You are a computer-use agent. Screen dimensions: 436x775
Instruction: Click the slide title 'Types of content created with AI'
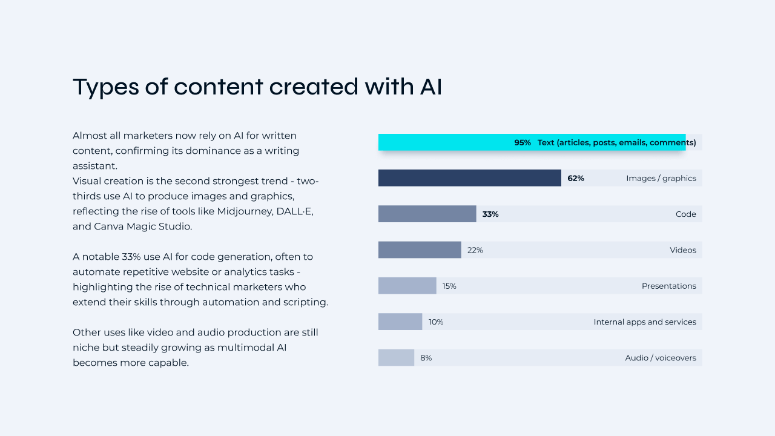pyautogui.click(x=257, y=87)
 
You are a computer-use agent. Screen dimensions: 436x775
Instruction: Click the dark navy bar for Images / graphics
pyautogui.click(x=469, y=178)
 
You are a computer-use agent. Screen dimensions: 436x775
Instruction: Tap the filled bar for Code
pyautogui.click(x=427, y=214)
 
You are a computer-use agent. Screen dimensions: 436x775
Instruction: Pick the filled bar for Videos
pyautogui.click(x=420, y=250)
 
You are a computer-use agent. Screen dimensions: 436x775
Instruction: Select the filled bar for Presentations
pyautogui.click(x=407, y=286)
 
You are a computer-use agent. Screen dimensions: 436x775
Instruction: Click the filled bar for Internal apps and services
pyautogui.click(x=400, y=322)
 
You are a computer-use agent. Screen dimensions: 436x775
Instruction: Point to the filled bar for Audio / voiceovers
pyautogui.click(x=396, y=358)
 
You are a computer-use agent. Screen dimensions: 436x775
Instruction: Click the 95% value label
pyautogui.click(x=523, y=142)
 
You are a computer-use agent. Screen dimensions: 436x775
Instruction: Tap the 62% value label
pyautogui.click(x=576, y=178)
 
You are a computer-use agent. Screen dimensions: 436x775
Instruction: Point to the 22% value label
pyautogui.click(x=475, y=250)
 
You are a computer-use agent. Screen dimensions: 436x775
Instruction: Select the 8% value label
pyautogui.click(x=426, y=358)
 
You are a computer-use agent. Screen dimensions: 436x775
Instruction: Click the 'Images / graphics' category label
pyautogui.click(x=661, y=178)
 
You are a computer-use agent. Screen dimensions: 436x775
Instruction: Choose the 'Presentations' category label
pyautogui.click(x=669, y=286)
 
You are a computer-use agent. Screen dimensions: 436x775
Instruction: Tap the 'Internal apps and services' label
pyautogui.click(x=645, y=322)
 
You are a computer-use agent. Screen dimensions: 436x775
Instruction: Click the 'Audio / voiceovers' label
pyautogui.click(x=661, y=358)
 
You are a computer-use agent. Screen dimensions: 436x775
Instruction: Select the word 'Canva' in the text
pyautogui.click(x=107, y=226)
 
